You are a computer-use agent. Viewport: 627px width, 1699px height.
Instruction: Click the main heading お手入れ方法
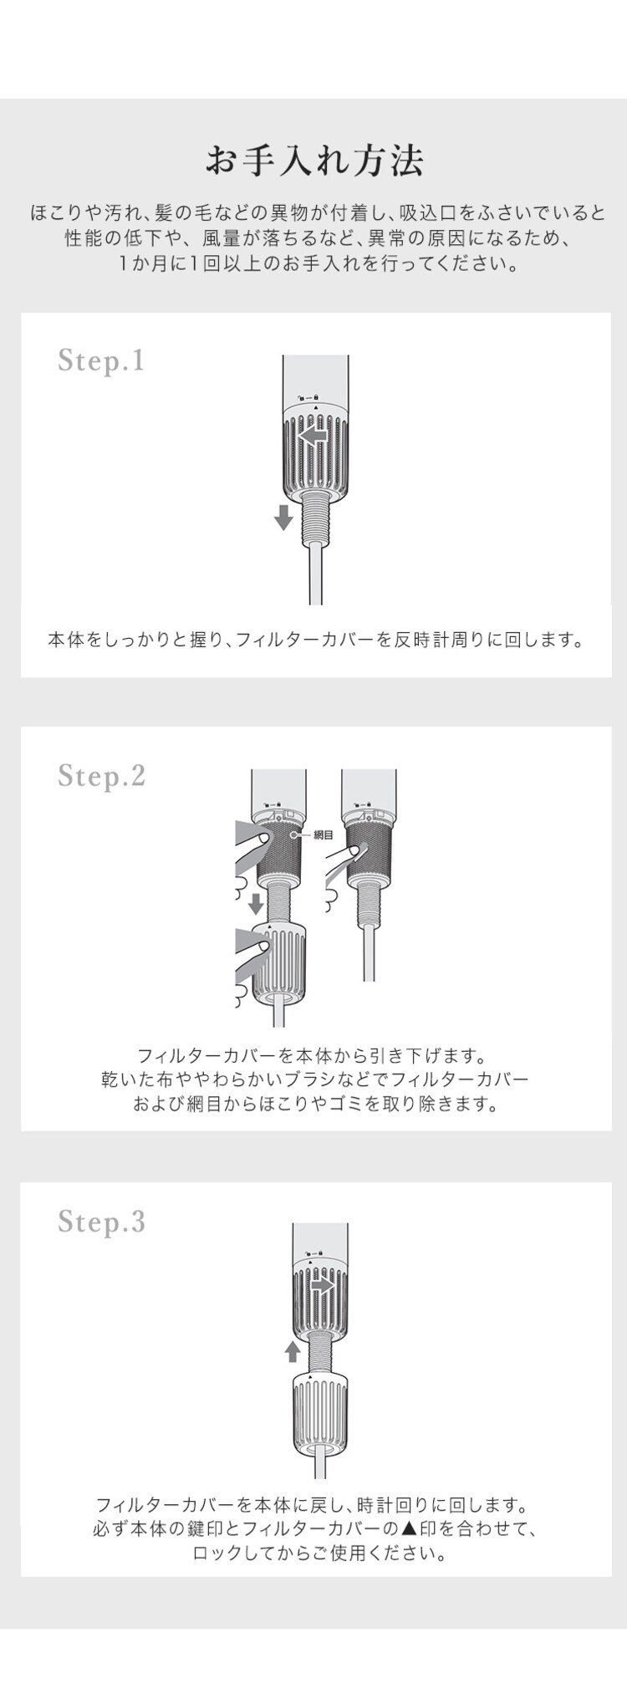[313, 160]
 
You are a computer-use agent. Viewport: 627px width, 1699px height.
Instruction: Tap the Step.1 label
[101, 360]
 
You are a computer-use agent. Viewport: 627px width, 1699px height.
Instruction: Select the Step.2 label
[101, 775]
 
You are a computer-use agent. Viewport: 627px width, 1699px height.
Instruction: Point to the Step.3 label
[101, 1222]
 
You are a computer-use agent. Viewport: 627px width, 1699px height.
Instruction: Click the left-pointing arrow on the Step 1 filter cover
[313, 436]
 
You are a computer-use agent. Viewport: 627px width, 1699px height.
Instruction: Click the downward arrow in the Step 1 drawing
[283, 517]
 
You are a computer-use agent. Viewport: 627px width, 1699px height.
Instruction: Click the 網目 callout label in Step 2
[323, 834]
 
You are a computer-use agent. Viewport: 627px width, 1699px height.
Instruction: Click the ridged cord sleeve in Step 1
[315, 518]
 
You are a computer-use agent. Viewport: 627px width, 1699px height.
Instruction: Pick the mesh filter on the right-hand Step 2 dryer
[369, 853]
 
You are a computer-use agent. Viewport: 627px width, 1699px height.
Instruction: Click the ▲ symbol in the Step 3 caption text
[408, 1529]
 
